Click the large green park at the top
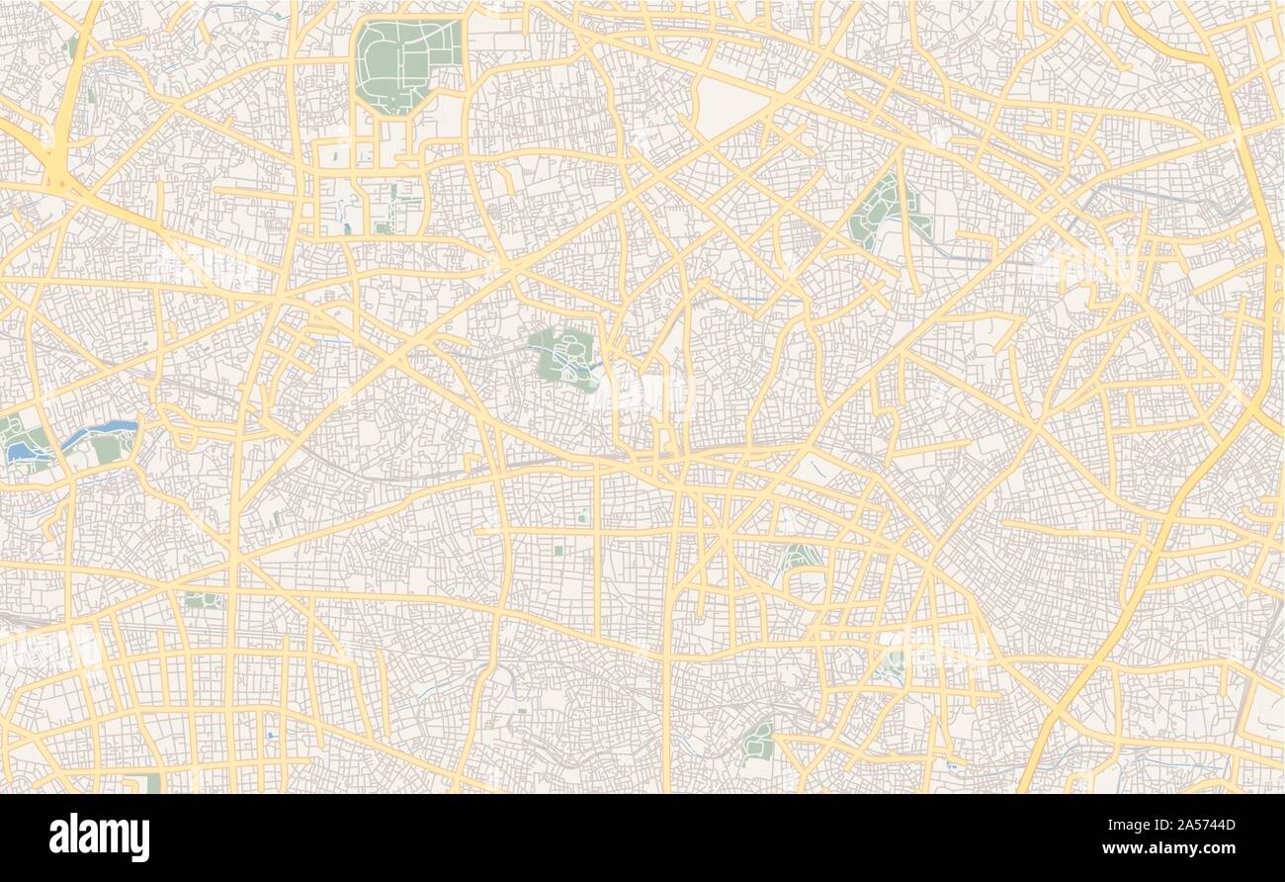tap(405, 63)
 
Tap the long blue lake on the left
tap(99, 432)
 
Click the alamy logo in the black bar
tap(99, 838)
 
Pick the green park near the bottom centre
tap(759, 740)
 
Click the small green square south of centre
tap(558, 550)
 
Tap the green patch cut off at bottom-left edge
tap(152, 783)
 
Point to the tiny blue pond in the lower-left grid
tap(270, 736)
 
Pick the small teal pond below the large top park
tap(346, 228)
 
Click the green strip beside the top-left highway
tap(92, 97)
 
